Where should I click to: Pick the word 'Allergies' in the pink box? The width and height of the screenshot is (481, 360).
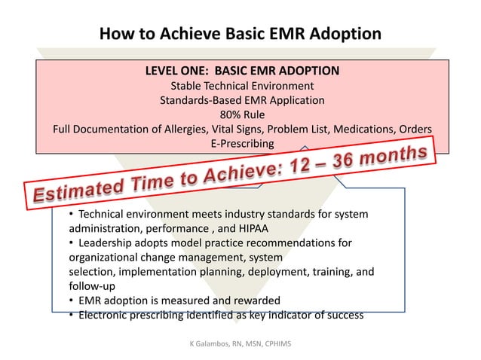pos(185,129)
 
